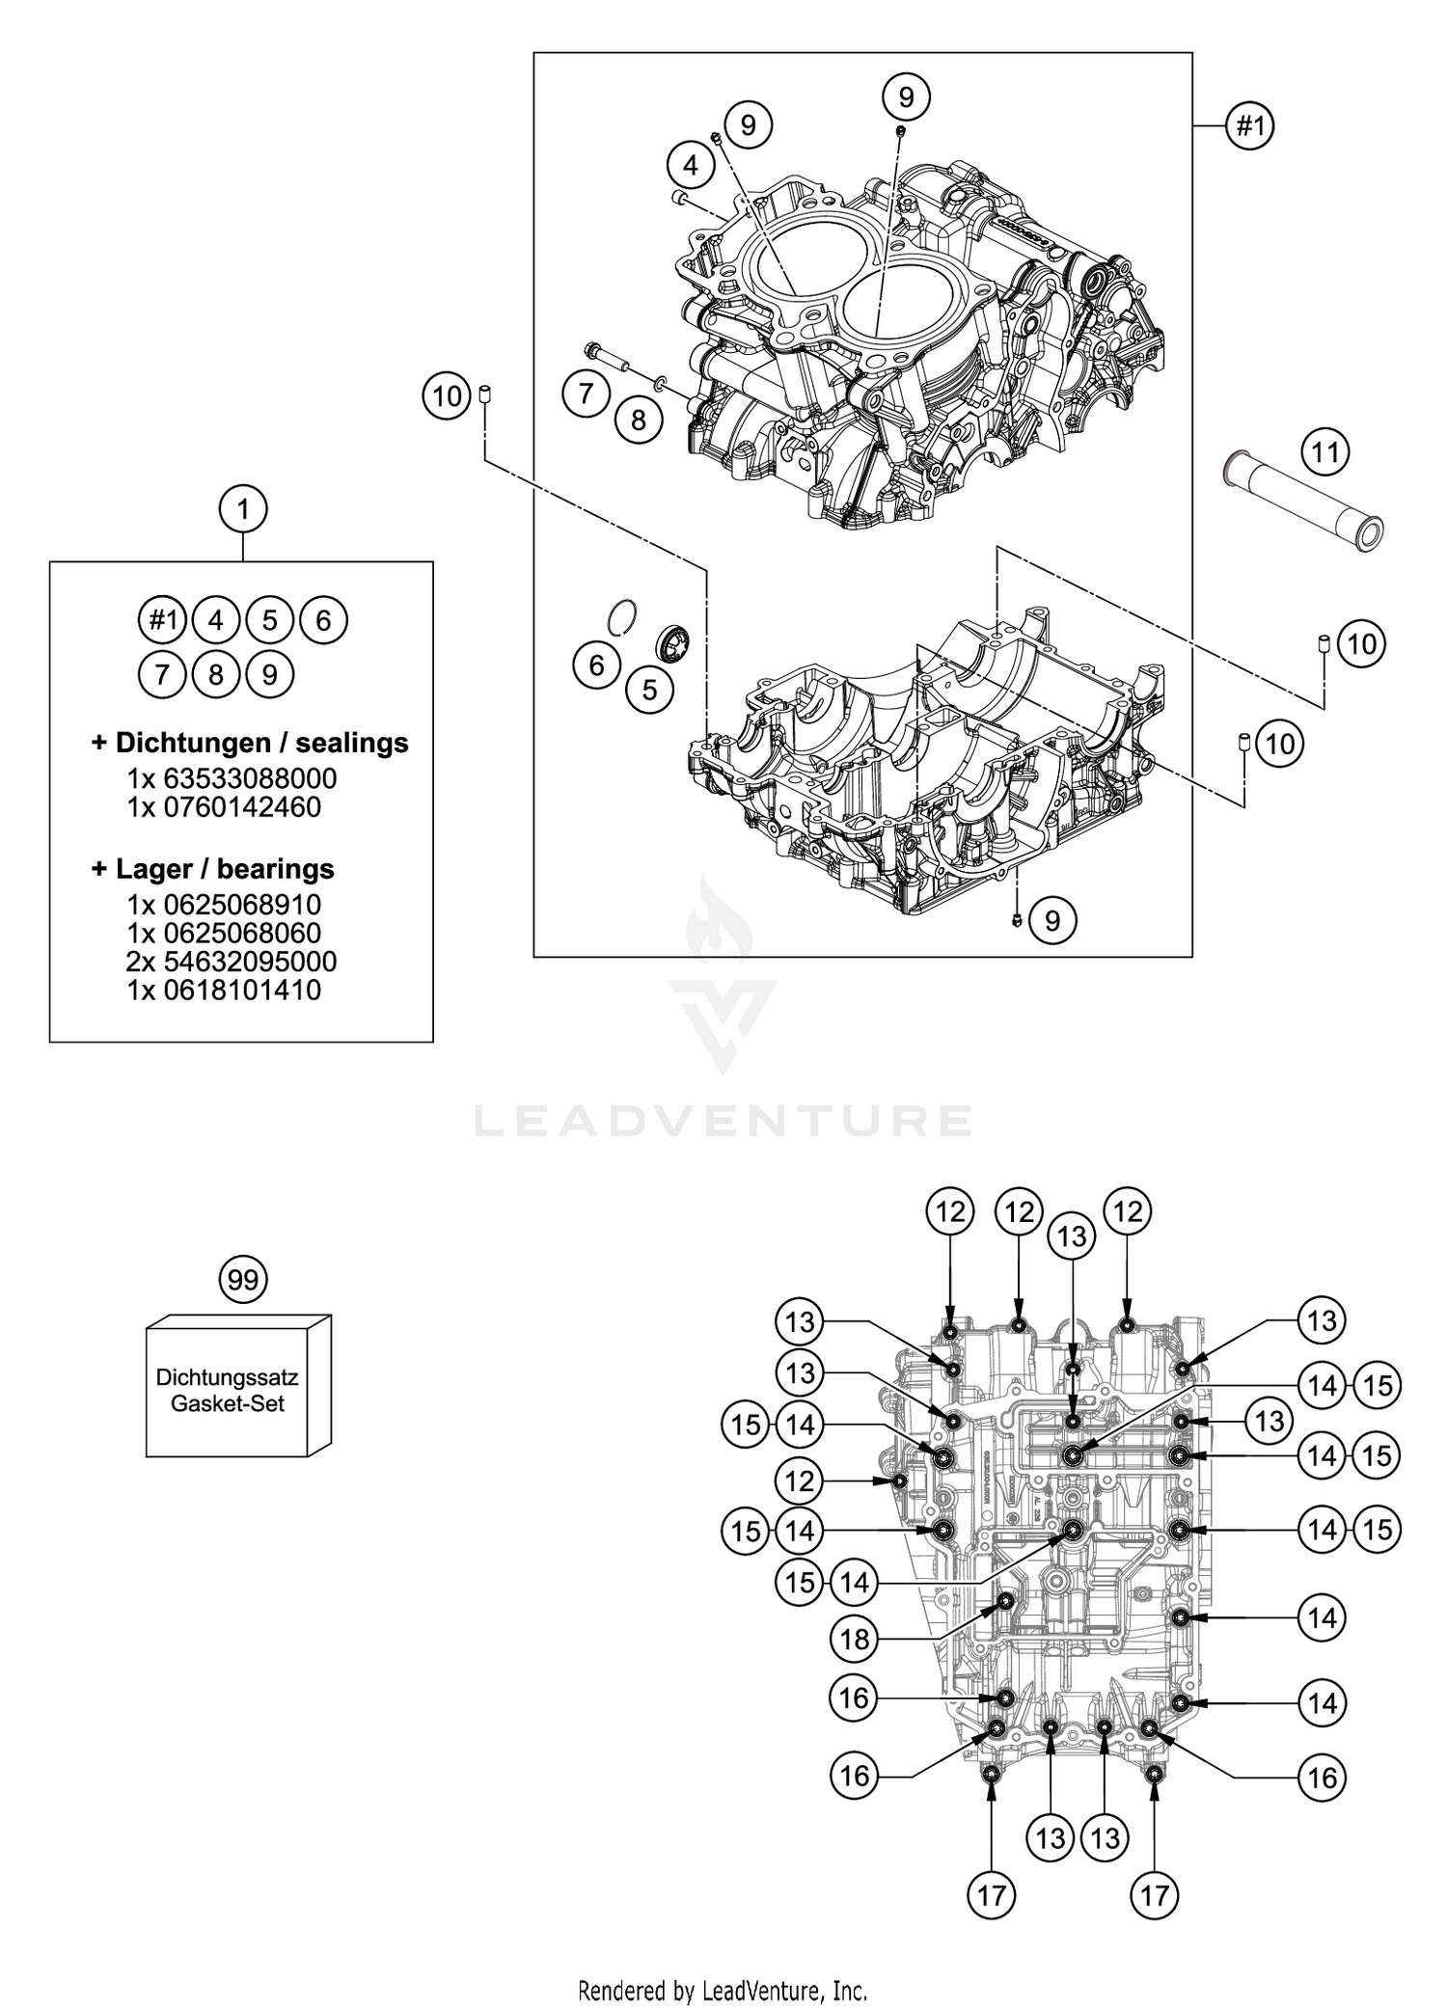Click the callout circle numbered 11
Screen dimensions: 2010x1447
[1324, 451]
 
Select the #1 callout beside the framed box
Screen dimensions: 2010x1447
[1249, 125]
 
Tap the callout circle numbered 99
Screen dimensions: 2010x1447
[243, 1280]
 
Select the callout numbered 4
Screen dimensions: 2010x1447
[691, 166]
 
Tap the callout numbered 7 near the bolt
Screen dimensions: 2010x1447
[587, 394]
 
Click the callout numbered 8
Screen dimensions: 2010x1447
[639, 420]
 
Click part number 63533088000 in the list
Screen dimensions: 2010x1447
[232, 778]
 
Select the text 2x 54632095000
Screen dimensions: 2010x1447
[232, 962]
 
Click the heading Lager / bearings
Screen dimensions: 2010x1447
[213, 869]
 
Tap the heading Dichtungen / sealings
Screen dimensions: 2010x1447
[250, 743]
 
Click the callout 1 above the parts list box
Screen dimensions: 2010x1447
[242, 508]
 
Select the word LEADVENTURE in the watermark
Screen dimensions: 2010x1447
[723, 1121]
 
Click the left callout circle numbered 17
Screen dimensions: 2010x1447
[992, 1896]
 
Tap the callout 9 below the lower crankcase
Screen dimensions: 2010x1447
[1052, 920]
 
